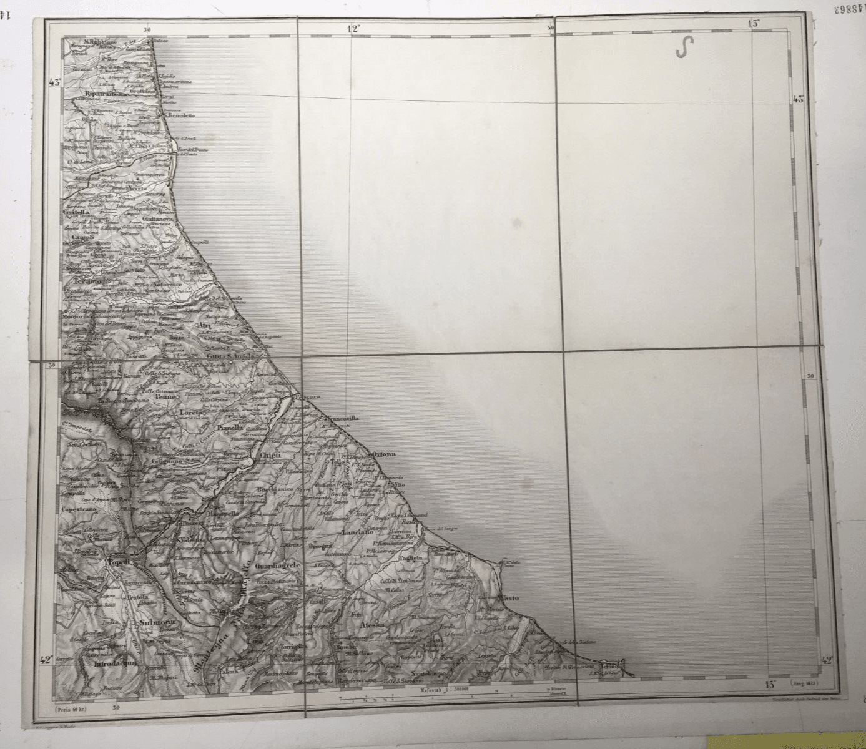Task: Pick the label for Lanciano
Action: (x=358, y=532)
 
